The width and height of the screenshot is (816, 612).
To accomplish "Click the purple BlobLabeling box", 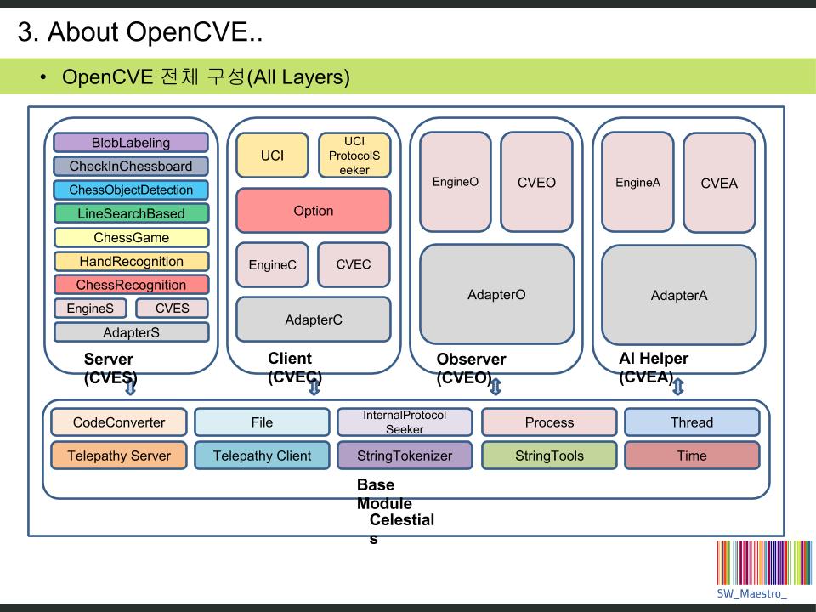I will tap(130, 143).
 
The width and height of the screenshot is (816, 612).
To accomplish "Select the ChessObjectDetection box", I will tap(130, 190).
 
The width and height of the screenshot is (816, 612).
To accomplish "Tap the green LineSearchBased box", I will tap(130, 213).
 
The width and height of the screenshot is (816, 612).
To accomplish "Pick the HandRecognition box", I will tap(130, 261).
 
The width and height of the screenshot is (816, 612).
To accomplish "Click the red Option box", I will tap(313, 211).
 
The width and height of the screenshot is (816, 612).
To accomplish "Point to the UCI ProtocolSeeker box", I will tap(354, 156).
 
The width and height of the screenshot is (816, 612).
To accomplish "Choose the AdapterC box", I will tap(313, 320).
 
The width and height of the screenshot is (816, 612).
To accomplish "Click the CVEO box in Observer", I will tap(536, 182).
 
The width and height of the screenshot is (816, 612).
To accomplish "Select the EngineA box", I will tap(637, 182).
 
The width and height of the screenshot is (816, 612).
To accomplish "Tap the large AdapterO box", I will tap(496, 295).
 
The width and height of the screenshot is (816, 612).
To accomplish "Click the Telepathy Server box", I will tap(119, 456).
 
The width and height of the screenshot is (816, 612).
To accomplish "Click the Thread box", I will tap(692, 422).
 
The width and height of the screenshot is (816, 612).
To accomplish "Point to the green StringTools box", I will tap(549, 456).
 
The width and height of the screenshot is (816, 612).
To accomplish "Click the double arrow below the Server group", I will tap(130, 388).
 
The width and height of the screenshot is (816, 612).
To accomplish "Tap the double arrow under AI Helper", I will tap(677, 388).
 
